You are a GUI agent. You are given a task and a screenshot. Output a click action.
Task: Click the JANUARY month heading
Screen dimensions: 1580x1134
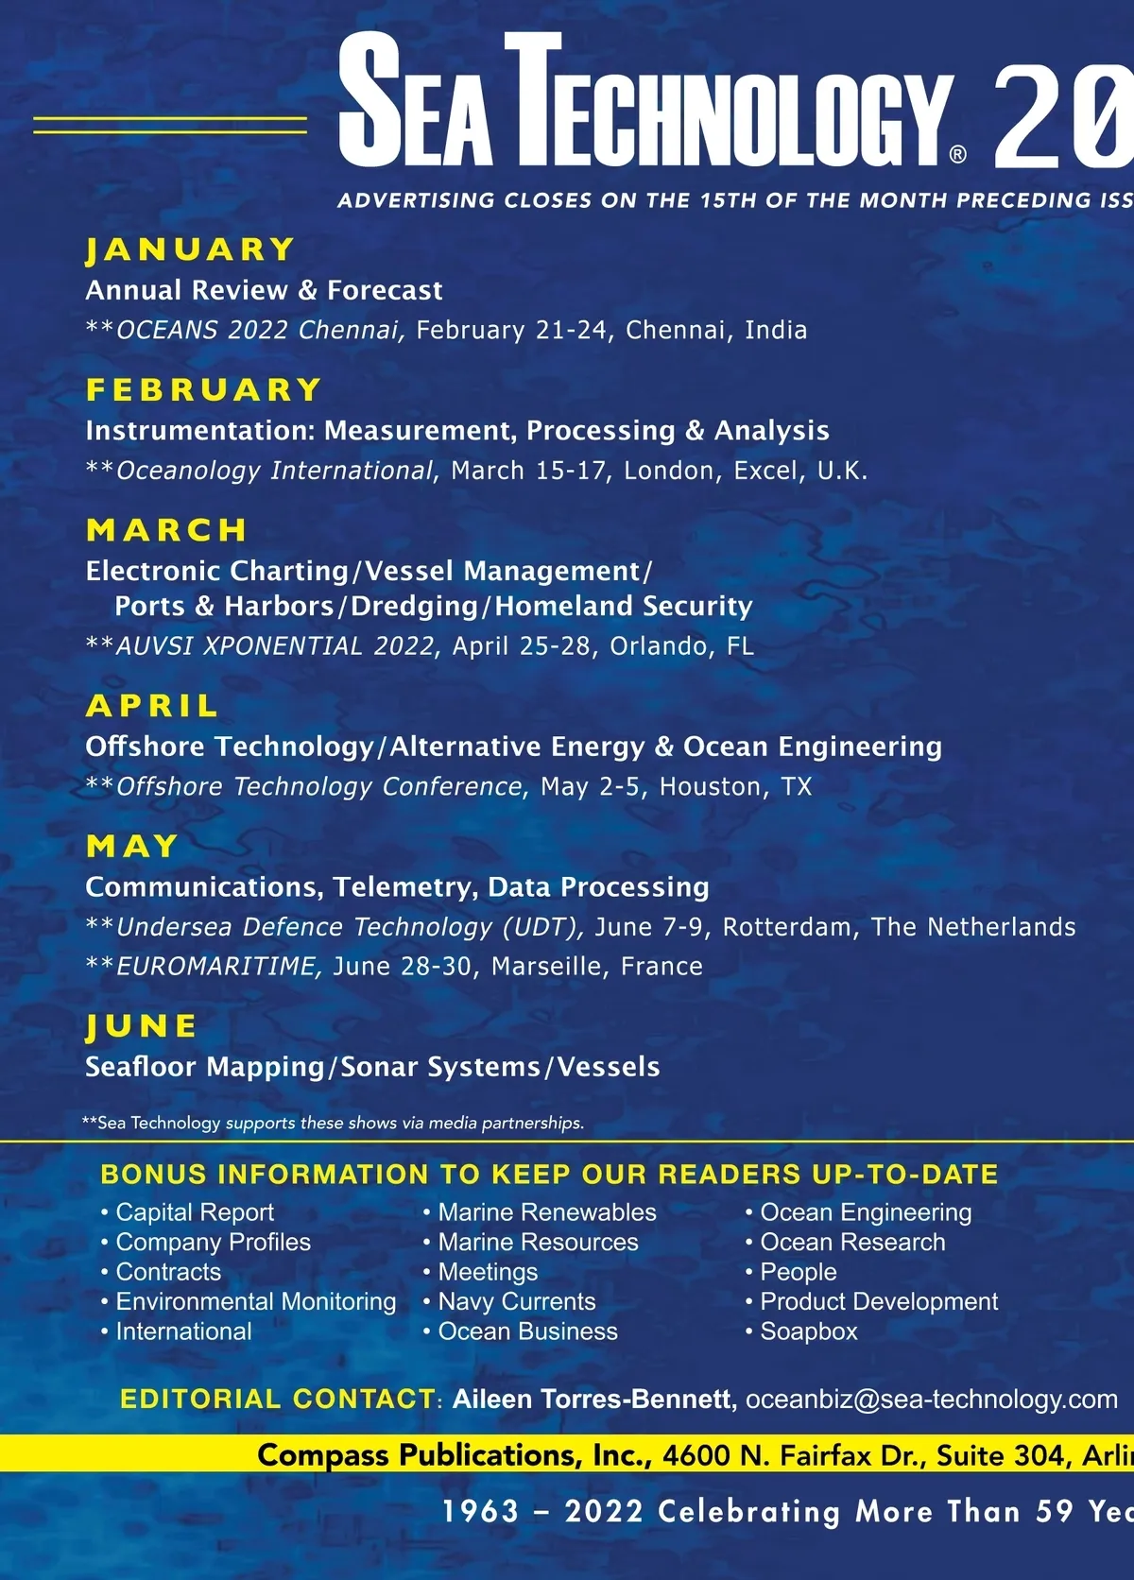(191, 249)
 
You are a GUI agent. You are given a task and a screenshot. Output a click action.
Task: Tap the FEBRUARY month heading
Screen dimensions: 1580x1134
(204, 389)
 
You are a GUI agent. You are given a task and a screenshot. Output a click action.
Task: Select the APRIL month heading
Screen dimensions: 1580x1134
(152, 706)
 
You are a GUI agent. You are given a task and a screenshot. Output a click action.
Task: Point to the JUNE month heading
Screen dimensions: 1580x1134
(142, 1026)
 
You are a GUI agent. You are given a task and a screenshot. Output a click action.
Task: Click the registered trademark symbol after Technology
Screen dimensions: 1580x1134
(957, 155)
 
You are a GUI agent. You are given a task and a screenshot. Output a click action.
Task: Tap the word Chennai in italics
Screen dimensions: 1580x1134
(349, 330)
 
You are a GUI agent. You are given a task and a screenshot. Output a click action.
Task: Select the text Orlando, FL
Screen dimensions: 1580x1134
(681, 646)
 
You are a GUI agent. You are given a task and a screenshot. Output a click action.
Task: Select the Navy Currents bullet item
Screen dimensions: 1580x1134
(516, 1301)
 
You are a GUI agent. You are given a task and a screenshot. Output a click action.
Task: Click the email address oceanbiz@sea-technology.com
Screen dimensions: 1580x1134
(931, 1399)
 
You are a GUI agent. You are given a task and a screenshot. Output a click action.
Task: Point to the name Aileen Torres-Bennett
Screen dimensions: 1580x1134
(594, 1399)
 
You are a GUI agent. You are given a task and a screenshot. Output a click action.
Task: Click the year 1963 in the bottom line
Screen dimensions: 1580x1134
(481, 1511)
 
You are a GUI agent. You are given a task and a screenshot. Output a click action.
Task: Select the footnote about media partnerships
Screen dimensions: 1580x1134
(333, 1123)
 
